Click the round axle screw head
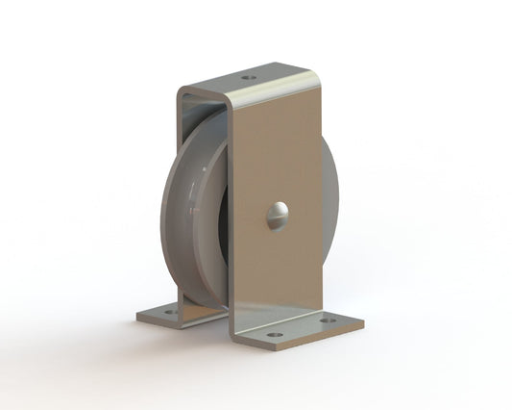[276, 216]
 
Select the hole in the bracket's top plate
[249, 77]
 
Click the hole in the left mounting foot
[169, 312]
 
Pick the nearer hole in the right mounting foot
[276, 335]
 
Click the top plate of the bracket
[255, 81]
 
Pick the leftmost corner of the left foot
[136, 315]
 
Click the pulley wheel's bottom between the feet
[207, 303]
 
